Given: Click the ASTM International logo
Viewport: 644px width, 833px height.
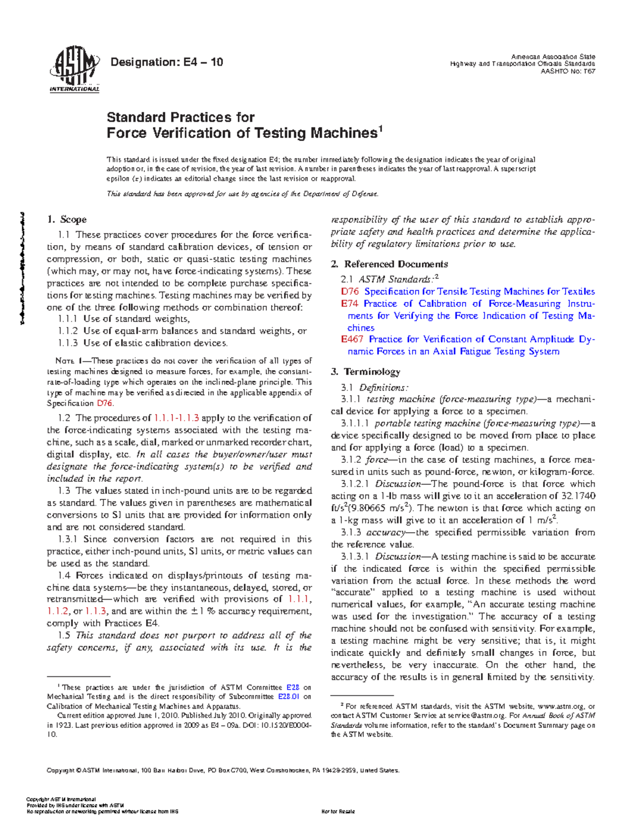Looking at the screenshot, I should [74, 68].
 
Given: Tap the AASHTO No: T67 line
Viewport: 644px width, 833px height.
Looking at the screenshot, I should [568, 71].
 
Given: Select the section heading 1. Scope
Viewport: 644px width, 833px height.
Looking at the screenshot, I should [67, 219].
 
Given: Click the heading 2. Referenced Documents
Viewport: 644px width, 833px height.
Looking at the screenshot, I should [389, 264].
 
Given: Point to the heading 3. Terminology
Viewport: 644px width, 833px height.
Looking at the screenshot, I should [365, 372].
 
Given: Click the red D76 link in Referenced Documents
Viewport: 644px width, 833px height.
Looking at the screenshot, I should [350, 292].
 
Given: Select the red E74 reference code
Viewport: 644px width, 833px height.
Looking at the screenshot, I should [349, 304].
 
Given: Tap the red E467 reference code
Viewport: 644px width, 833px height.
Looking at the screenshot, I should [352, 340].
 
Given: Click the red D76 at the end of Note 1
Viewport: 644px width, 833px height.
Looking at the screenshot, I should [104, 403].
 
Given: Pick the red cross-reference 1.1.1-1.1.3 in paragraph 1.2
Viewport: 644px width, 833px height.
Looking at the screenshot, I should [177, 418].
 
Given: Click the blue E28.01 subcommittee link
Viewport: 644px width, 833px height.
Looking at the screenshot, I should [288, 697].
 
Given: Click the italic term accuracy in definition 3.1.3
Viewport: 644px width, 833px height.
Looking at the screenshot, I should [385, 533].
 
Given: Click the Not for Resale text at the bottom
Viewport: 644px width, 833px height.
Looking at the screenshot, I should [338, 812].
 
